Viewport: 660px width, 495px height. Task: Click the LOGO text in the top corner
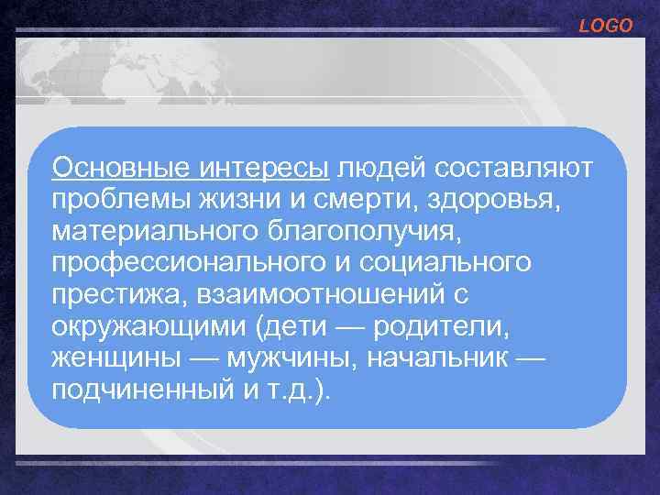pos(605,27)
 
